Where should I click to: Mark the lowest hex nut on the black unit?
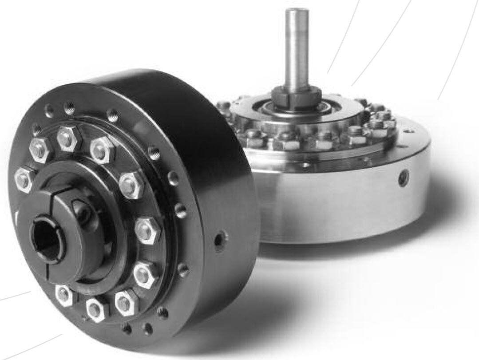click(x=97, y=308)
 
